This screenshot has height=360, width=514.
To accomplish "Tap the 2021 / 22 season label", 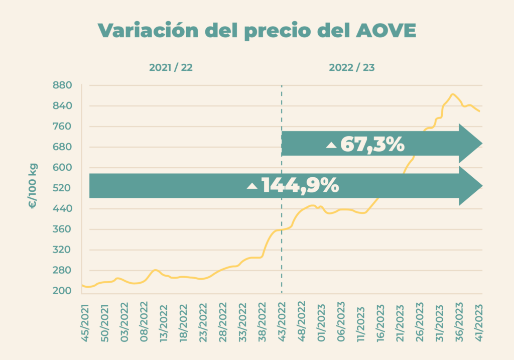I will (171, 68).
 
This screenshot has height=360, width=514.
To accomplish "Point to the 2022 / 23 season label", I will (351, 68).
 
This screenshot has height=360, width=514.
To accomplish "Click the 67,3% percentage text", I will (372, 145).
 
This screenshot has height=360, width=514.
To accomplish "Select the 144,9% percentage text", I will (300, 186).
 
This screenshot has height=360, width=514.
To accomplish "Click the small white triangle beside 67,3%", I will (331, 145).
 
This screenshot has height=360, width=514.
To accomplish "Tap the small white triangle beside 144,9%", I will (252, 186).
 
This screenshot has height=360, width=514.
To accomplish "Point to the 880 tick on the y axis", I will (63, 85).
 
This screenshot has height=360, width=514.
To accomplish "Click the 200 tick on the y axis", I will (63, 291).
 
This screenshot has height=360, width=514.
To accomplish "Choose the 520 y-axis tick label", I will (63, 188).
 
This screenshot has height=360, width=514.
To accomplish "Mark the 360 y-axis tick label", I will (63, 229).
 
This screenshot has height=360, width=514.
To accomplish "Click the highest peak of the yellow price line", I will (453, 94).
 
